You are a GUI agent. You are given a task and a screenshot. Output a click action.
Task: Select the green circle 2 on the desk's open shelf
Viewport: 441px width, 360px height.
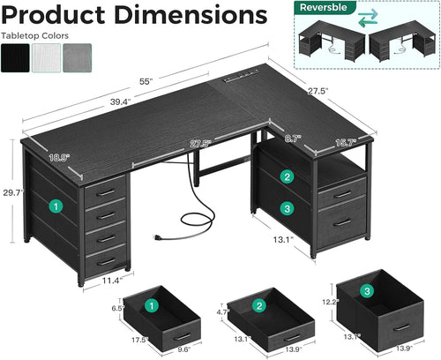point(287,176)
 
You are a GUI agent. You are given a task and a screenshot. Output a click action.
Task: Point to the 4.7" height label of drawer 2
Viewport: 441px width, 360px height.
point(222,311)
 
